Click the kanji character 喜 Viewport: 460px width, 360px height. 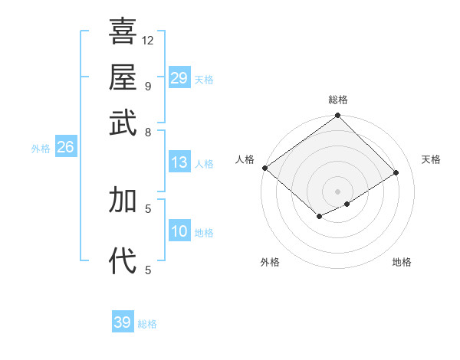(123, 31)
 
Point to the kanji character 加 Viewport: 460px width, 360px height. (123, 200)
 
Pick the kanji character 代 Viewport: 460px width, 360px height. (123, 261)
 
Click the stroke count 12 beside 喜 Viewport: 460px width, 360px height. (148, 40)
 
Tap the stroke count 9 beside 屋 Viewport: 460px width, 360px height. (147, 86)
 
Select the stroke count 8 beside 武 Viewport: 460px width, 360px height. (147, 132)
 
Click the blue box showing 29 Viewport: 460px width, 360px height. (179, 77)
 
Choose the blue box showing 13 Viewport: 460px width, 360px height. (179, 162)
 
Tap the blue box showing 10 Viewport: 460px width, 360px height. (179, 231)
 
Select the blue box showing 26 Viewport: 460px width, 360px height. (65, 147)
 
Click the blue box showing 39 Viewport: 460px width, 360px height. (123, 322)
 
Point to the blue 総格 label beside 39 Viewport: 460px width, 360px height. (147, 324)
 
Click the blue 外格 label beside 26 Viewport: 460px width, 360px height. (41, 149)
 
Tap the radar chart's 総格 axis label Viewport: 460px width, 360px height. (338, 100)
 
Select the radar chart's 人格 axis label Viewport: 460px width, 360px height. (245, 159)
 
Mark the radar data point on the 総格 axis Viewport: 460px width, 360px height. (338, 116)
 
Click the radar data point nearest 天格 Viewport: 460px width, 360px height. (396, 172)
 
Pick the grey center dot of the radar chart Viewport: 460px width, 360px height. (338, 191)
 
